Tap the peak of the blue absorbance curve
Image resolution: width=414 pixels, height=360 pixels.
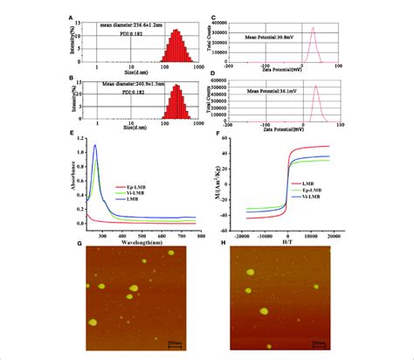(94, 146)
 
